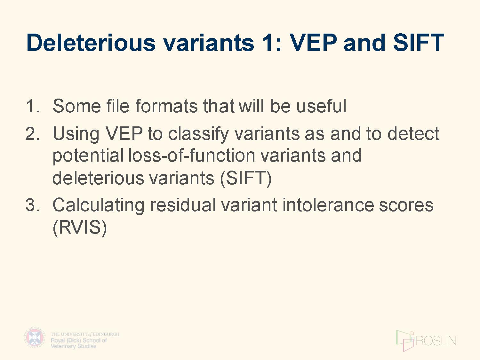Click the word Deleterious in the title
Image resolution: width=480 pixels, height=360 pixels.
91,43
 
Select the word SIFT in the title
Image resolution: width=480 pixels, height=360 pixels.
419,43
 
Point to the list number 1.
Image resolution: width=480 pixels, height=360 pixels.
33,106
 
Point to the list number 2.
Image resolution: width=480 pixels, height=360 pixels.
33,133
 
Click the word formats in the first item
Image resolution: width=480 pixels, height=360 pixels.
166,106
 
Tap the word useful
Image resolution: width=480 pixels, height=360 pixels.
321,106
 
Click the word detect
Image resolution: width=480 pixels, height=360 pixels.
413,133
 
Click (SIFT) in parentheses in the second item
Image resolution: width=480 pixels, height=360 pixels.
246,179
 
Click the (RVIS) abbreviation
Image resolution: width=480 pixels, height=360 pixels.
80,228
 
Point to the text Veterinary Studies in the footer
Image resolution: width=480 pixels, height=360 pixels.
74,346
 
